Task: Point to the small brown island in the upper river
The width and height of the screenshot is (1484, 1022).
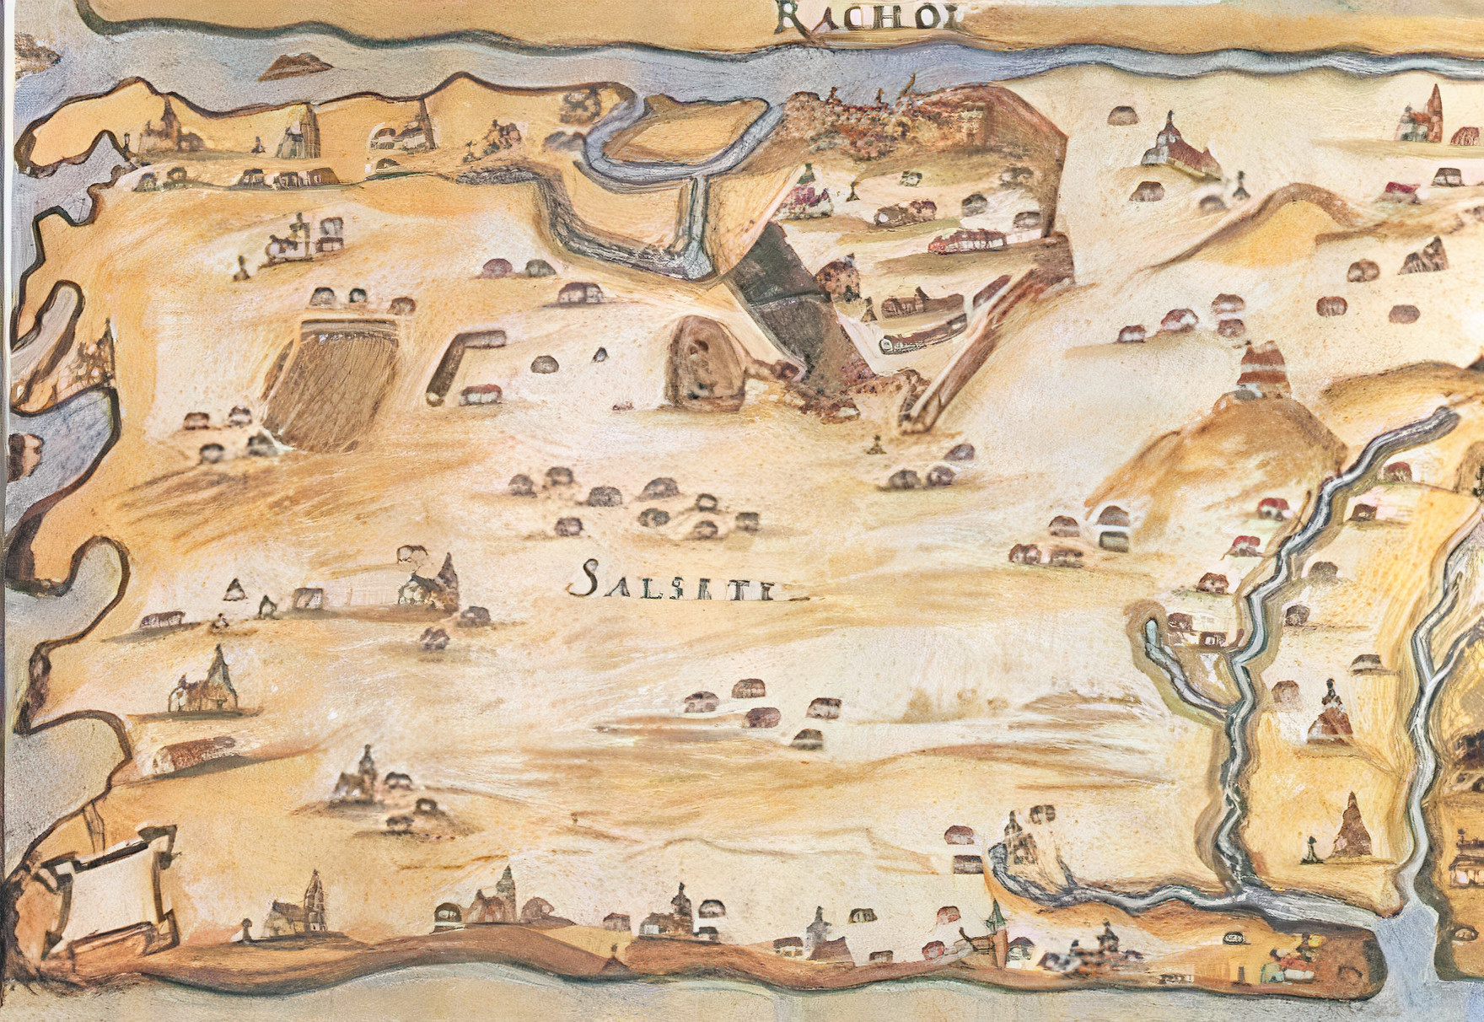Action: point(291,66)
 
